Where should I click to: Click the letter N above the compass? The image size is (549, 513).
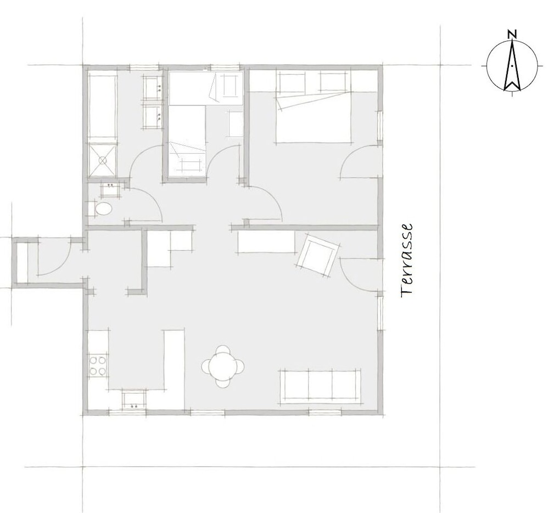(x=512, y=34)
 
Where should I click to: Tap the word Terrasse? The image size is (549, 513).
(x=407, y=261)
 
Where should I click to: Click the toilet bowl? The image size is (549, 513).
(x=104, y=210)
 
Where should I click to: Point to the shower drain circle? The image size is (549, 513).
(x=102, y=160)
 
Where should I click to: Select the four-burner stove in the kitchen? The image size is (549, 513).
(x=98, y=365)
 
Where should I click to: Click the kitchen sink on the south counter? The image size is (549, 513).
(x=134, y=400)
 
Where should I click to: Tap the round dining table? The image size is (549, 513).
(x=223, y=367)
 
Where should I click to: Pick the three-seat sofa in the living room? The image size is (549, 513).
(x=321, y=387)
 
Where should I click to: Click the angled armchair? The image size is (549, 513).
(x=318, y=254)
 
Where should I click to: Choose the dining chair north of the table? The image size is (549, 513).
(x=223, y=350)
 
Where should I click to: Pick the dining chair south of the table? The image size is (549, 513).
(x=223, y=383)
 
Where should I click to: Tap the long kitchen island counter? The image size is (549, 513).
(x=174, y=369)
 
